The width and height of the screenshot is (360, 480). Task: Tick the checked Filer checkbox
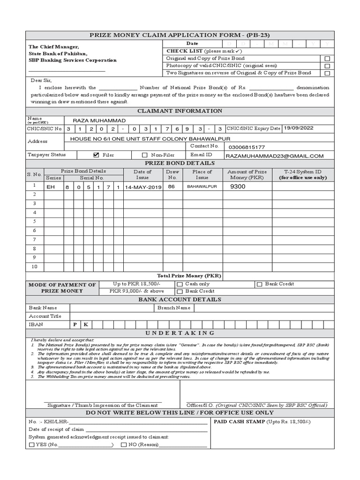click(x=97, y=155)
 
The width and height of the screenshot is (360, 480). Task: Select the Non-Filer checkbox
click(x=145, y=155)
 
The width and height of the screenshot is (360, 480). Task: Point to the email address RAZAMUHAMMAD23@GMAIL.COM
click(x=274, y=156)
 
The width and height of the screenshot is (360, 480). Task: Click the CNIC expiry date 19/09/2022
click(x=299, y=128)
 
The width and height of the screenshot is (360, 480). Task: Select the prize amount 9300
click(x=238, y=187)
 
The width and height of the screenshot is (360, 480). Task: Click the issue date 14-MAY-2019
click(x=143, y=187)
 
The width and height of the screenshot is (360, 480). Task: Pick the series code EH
click(x=51, y=187)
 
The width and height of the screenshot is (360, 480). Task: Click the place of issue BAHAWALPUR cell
click(x=202, y=187)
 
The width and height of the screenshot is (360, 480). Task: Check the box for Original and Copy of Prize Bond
click(x=327, y=59)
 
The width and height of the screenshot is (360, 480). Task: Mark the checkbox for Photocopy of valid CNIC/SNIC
click(x=327, y=66)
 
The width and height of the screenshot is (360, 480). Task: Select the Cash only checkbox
click(x=180, y=284)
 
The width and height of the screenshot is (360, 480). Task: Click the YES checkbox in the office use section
click(x=31, y=445)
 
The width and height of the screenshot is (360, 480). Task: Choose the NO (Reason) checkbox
click(x=124, y=445)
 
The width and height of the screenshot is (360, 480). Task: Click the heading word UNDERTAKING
click(x=180, y=333)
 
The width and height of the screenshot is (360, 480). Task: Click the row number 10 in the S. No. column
click(x=34, y=266)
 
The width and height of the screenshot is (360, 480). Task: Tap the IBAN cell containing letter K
click(x=86, y=324)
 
